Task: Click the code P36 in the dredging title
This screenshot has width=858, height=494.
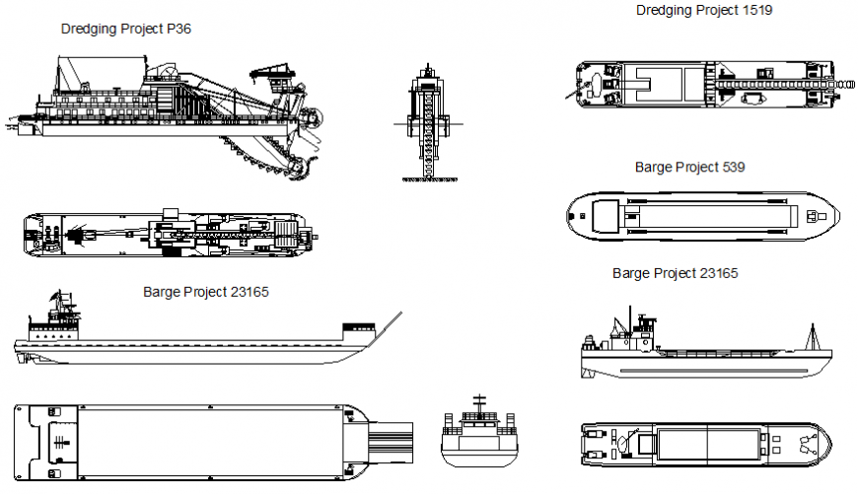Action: coord(179,30)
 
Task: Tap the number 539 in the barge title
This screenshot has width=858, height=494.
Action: coord(733,167)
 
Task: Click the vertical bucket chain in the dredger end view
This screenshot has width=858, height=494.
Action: coord(427,128)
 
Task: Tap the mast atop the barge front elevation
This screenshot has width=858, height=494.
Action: coord(479,402)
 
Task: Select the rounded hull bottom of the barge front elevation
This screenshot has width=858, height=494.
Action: coord(479,457)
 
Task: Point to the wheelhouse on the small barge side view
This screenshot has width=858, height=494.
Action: coord(645,326)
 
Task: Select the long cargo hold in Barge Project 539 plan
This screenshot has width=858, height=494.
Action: coord(710,214)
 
